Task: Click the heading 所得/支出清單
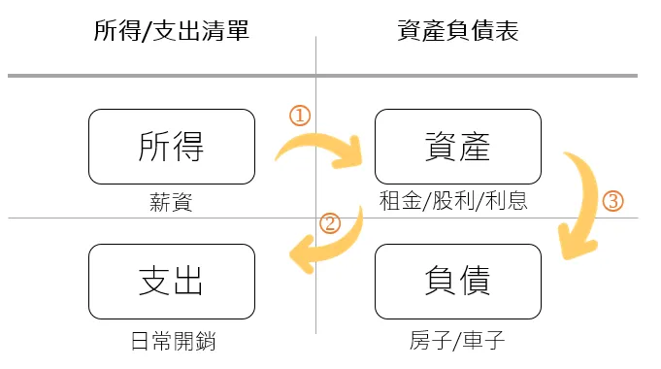click(171, 31)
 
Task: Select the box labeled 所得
click(171, 147)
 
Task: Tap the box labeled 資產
click(457, 147)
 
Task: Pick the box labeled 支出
click(171, 281)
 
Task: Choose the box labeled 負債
click(457, 281)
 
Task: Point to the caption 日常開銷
click(172, 341)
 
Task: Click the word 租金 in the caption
click(397, 202)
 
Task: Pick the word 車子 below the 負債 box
click(486, 341)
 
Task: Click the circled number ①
click(300, 115)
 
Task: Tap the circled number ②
click(330, 223)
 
